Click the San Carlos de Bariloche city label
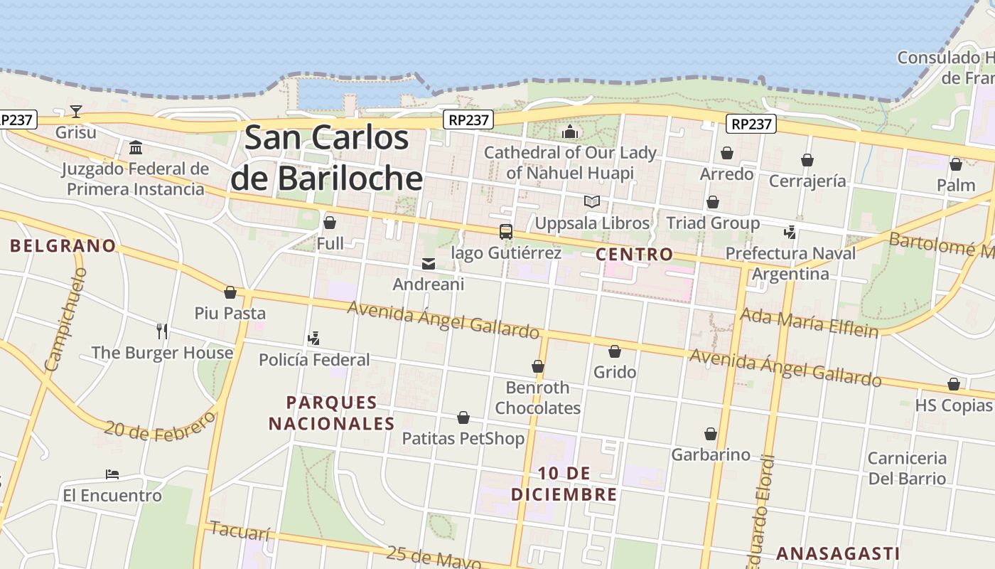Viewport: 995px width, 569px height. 327,158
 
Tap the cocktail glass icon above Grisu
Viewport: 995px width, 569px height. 75,111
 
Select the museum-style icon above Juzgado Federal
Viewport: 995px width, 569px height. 135,147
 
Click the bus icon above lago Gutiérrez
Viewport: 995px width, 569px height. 505,231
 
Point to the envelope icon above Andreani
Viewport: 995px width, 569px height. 429,264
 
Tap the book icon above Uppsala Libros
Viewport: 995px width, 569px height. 591,202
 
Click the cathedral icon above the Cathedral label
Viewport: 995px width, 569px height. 570,132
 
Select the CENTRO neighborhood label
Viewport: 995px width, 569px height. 634,254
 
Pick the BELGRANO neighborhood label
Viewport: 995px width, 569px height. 63,246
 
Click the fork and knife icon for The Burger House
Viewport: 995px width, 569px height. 162,331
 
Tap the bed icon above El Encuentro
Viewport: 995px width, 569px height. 112,474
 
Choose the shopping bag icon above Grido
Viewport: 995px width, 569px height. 615,351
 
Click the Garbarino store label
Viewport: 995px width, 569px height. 710,454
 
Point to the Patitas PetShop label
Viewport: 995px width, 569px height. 463,438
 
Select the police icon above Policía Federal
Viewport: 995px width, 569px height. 313,339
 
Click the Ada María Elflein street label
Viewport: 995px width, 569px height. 809,322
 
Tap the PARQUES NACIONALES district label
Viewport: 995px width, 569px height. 331,413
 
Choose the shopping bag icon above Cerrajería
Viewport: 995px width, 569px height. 807,160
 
